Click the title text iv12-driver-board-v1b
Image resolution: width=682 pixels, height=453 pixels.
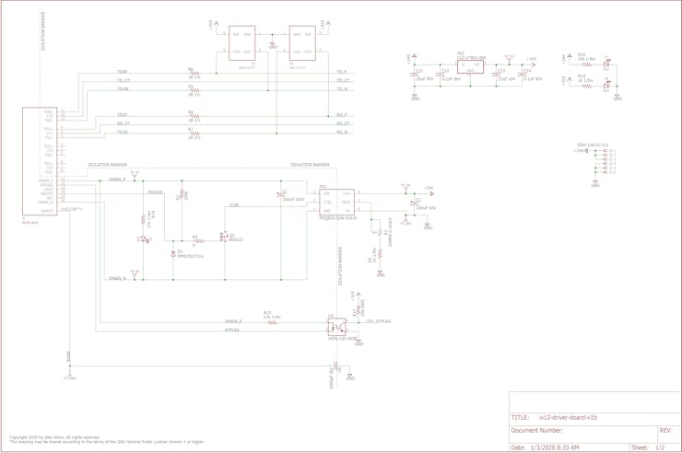[x=568, y=417]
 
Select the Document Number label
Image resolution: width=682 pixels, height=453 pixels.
[x=537, y=430]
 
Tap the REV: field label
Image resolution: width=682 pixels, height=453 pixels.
[x=665, y=430]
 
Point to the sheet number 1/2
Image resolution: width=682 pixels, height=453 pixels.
[x=659, y=447]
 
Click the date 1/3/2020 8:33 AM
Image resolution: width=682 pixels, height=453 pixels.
[x=556, y=447]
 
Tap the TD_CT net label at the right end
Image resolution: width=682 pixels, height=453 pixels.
[x=343, y=81]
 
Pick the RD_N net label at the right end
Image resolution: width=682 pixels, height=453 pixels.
[x=342, y=133]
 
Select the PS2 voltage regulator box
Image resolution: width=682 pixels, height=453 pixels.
[x=470, y=66]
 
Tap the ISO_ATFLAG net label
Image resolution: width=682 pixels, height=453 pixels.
[x=378, y=321]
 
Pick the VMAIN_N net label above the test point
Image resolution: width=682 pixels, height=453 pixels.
[x=117, y=278]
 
